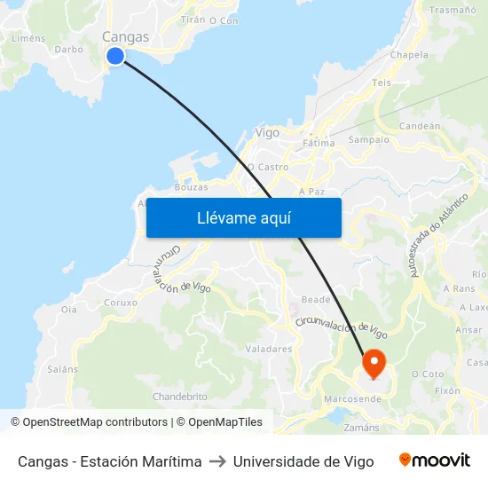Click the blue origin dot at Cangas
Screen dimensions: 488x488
[115, 56]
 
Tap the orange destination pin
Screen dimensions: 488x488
[373, 362]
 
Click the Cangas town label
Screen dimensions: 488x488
[125, 36]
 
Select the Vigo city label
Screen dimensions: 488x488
[267, 132]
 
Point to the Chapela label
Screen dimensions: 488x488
[409, 54]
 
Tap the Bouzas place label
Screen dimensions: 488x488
[192, 187]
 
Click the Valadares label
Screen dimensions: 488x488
[269, 349]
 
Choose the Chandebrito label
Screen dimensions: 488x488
[180, 396]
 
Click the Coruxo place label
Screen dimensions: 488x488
[121, 302]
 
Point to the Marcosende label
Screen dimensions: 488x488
[353, 399]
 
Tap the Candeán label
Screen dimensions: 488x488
[420, 126]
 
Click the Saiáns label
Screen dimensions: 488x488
[63, 369]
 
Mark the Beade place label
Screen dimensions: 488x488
[316, 300]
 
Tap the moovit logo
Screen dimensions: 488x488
[435, 460]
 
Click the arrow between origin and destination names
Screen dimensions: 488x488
[217, 461]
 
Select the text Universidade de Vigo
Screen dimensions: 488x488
[303, 461]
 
